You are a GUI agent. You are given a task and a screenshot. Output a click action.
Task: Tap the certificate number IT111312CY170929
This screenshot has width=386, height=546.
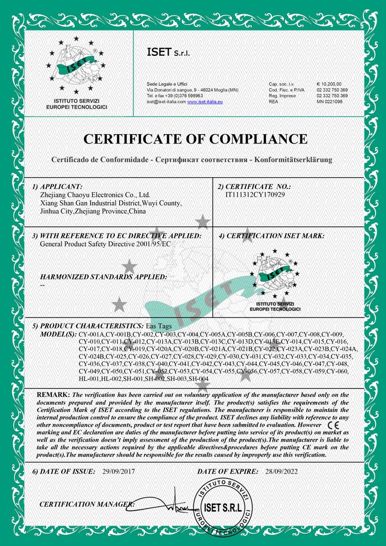[256, 194]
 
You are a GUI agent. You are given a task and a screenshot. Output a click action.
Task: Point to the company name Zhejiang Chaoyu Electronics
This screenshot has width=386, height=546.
[95, 195]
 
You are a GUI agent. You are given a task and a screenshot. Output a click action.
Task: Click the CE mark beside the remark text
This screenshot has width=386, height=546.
[334, 426]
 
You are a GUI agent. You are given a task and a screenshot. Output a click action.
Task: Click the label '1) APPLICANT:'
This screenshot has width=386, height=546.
[57, 187]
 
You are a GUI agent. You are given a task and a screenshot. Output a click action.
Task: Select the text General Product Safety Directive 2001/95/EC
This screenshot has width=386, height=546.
[105, 244]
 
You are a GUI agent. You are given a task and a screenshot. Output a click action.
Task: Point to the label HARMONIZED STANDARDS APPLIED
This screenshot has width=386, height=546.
[104, 276]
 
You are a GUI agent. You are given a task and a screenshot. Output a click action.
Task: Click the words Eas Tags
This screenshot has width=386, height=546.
[159, 326]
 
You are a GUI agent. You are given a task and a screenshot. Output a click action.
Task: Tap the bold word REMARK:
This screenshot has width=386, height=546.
[53, 395]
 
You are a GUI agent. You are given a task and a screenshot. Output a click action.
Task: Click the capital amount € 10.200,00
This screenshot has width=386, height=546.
[330, 83]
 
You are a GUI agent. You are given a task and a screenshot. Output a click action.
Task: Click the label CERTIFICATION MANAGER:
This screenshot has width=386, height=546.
[87, 505]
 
